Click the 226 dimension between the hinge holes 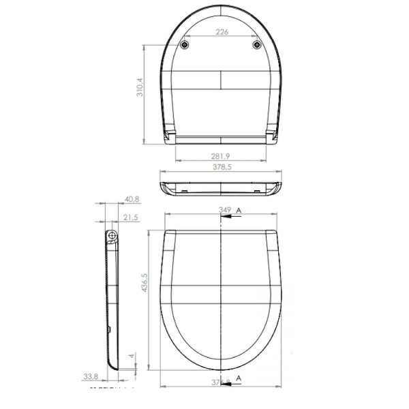pos(222,31)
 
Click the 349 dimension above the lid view pos(224,209)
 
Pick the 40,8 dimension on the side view pos(132,199)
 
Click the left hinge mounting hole pos(187,45)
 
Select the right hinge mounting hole pos(257,45)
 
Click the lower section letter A pos(239,377)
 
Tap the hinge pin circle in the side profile pos(112,237)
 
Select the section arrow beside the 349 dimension pos(230,215)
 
